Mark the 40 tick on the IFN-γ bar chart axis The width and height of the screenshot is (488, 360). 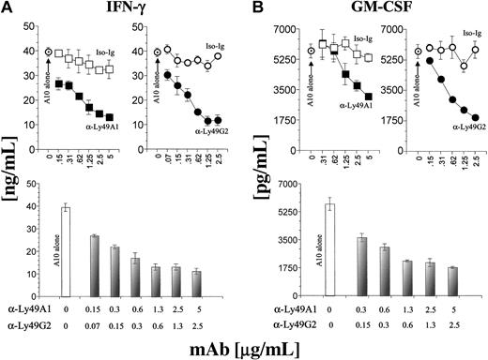(45, 208)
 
